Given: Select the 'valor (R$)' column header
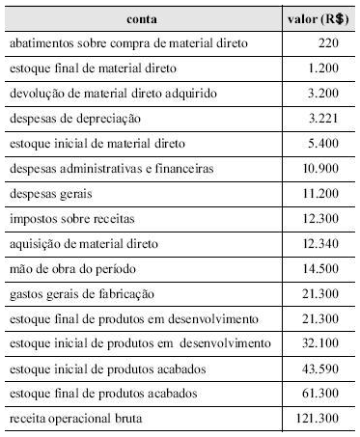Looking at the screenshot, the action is (x=318, y=19).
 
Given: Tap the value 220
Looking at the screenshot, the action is (x=330, y=44).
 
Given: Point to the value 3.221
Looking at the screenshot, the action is (x=326, y=119).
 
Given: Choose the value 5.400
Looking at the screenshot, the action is (x=326, y=144).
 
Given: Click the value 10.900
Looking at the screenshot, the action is (x=323, y=169).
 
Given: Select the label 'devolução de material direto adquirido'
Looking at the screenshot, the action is (x=111, y=94).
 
